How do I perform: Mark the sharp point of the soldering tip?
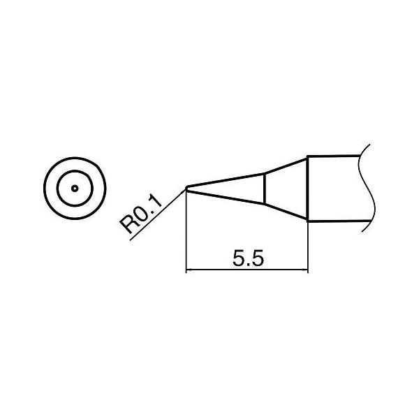point(187,187)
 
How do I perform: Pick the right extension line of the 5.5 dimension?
point(308,244)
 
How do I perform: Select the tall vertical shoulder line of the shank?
point(308,189)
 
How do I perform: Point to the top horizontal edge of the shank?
point(335,156)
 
